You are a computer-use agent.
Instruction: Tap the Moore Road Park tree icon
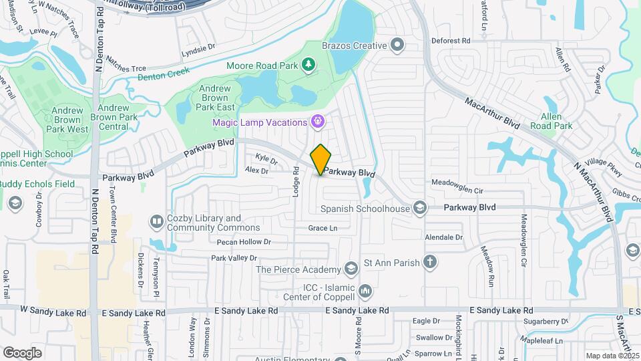(x=308, y=64)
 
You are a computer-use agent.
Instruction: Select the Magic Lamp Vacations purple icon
(x=318, y=122)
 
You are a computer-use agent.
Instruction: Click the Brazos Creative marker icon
(x=398, y=45)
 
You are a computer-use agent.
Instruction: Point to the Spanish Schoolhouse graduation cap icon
(x=419, y=209)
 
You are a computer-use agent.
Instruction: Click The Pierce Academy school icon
(x=351, y=269)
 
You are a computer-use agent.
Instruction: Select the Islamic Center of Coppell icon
(x=365, y=291)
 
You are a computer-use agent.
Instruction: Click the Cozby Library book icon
(x=156, y=221)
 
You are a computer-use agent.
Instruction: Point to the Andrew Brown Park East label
(x=214, y=98)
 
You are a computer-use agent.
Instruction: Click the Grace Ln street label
(x=323, y=228)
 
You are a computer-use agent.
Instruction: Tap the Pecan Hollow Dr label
(x=244, y=241)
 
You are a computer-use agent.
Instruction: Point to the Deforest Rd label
(x=455, y=41)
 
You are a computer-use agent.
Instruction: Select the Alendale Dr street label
(x=444, y=237)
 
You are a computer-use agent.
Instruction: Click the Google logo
(x=23, y=353)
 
